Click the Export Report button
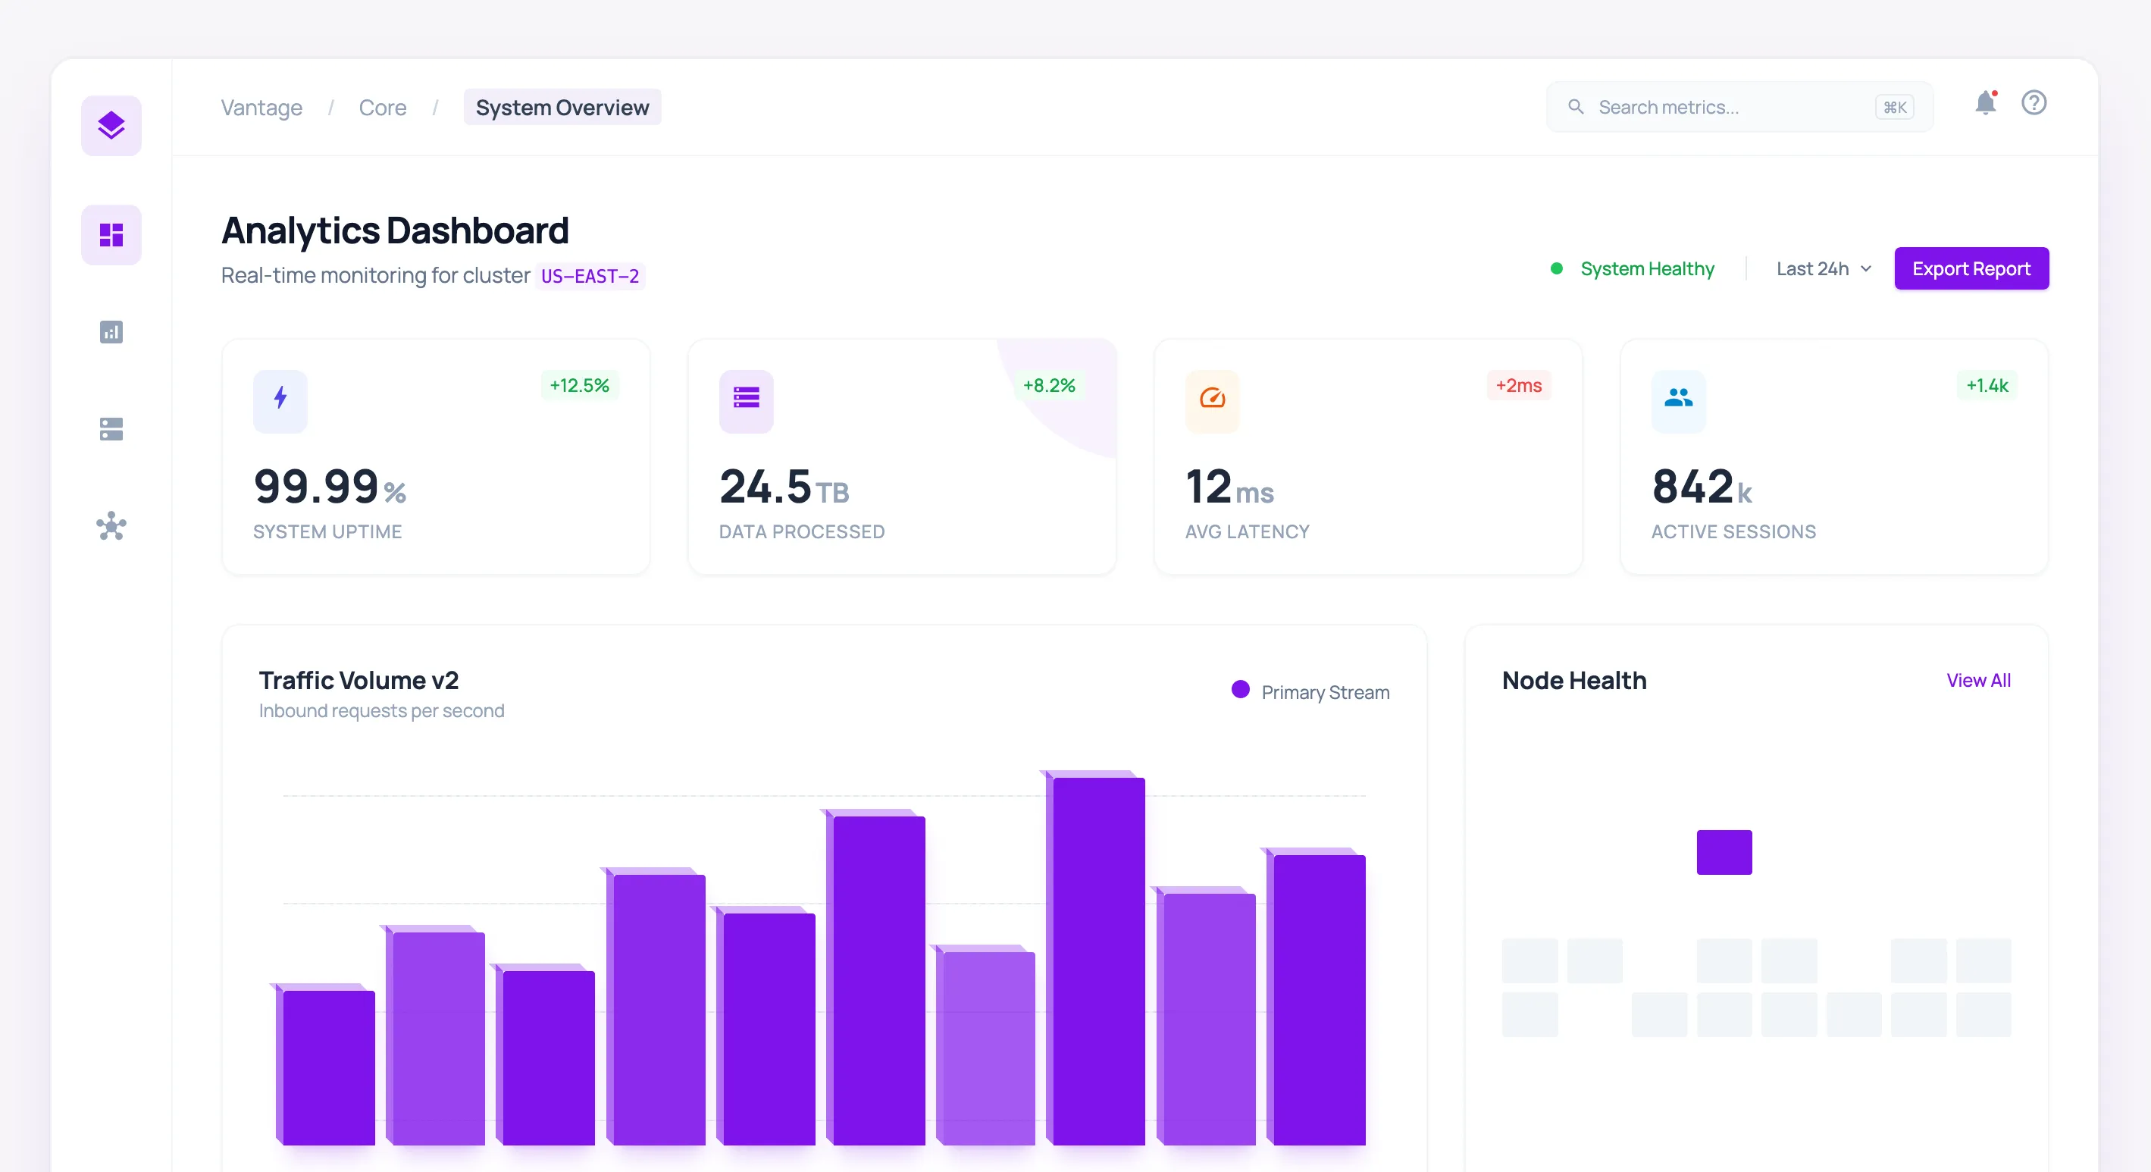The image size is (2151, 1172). click(x=1971, y=269)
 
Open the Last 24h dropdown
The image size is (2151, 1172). click(x=1823, y=269)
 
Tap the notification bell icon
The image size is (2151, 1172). click(x=1985, y=104)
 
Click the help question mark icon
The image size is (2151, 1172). click(x=2034, y=103)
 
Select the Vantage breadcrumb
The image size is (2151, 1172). click(x=261, y=108)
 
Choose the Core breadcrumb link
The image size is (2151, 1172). click(x=383, y=108)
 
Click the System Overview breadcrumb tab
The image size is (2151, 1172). click(x=562, y=108)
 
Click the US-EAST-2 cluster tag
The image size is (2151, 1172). click(x=590, y=277)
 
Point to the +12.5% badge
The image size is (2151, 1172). click(x=580, y=385)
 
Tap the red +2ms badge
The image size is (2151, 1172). click(x=1518, y=385)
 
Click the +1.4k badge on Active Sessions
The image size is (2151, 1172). click(x=1987, y=385)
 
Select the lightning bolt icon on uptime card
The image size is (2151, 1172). click(x=280, y=399)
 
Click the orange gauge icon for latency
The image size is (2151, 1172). click(x=1212, y=399)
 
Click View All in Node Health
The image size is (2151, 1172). click(x=1978, y=680)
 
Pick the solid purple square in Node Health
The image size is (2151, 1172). click(x=1724, y=852)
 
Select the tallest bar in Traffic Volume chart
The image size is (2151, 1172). click(x=1098, y=960)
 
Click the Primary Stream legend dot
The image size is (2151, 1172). click(x=1240, y=689)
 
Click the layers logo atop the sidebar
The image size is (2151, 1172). click(x=111, y=126)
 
